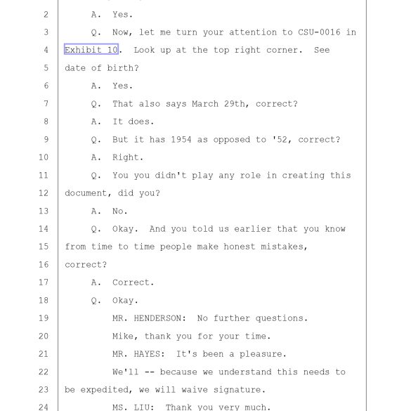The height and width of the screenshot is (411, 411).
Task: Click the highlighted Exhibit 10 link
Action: pyautogui.click(x=91, y=49)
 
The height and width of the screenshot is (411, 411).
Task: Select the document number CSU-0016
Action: pyautogui.click(x=319, y=32)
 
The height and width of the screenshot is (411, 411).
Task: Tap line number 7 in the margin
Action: pyautogui.click(x=46, y=103)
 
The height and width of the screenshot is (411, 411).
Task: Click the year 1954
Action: pyautogui.click(x=181, y=139)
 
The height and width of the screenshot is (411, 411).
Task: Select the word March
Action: pyautogui.click(x=205, y=104)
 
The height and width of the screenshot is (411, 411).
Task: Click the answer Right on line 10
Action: pyautogui.click(x=125, y=157)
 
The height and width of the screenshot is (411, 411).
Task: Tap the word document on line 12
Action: pyautogui.click(x=86, y=193)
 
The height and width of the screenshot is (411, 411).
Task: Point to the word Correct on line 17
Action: pyautogui.click(x=131, y=282)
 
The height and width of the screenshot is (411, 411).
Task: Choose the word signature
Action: pyautogui.click(x=237, y=390)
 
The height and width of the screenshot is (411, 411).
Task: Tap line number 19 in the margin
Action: pyautogui.click(x=44, y=318)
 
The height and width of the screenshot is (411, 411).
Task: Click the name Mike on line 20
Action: pyautogui.click(x=123, y=336)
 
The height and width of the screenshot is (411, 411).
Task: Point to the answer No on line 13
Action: pyautogui.click(x=117, y=211)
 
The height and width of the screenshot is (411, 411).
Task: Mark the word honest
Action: pyautogui.click(x=240, y=247)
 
